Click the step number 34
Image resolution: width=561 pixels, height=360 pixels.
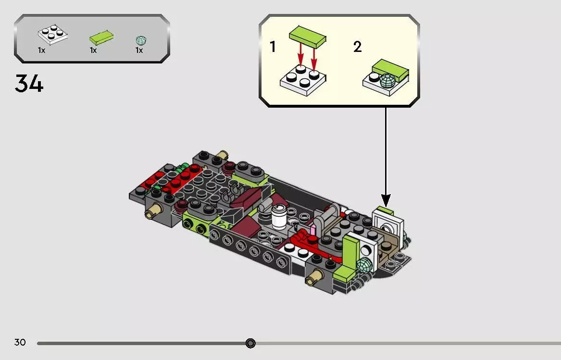tap(29, 83)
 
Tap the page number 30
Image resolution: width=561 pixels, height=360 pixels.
tap(20, 342)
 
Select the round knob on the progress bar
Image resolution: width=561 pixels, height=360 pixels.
tap(250, 343)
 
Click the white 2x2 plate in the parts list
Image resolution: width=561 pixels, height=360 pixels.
tap(52, 34)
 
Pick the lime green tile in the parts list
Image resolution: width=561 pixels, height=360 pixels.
tap(101, 37)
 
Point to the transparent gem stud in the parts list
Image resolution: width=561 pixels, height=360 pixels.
tap(141, 40)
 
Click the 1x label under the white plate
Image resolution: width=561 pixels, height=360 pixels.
tap(41, 50)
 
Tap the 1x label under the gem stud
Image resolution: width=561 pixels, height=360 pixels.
tap(139, 50)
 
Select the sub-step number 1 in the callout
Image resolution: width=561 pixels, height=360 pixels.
tap(273, 47)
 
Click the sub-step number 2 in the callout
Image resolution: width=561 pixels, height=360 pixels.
tap(358, 47)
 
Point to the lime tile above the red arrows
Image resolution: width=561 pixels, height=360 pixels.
tap(307, 37)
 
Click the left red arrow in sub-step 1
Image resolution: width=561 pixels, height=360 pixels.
tap(300, 56)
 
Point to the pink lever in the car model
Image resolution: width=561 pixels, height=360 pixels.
tap(313, 229)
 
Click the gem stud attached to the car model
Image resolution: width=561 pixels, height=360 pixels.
tap(364, 265)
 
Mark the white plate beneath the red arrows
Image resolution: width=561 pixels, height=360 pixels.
tap(303, 80)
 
